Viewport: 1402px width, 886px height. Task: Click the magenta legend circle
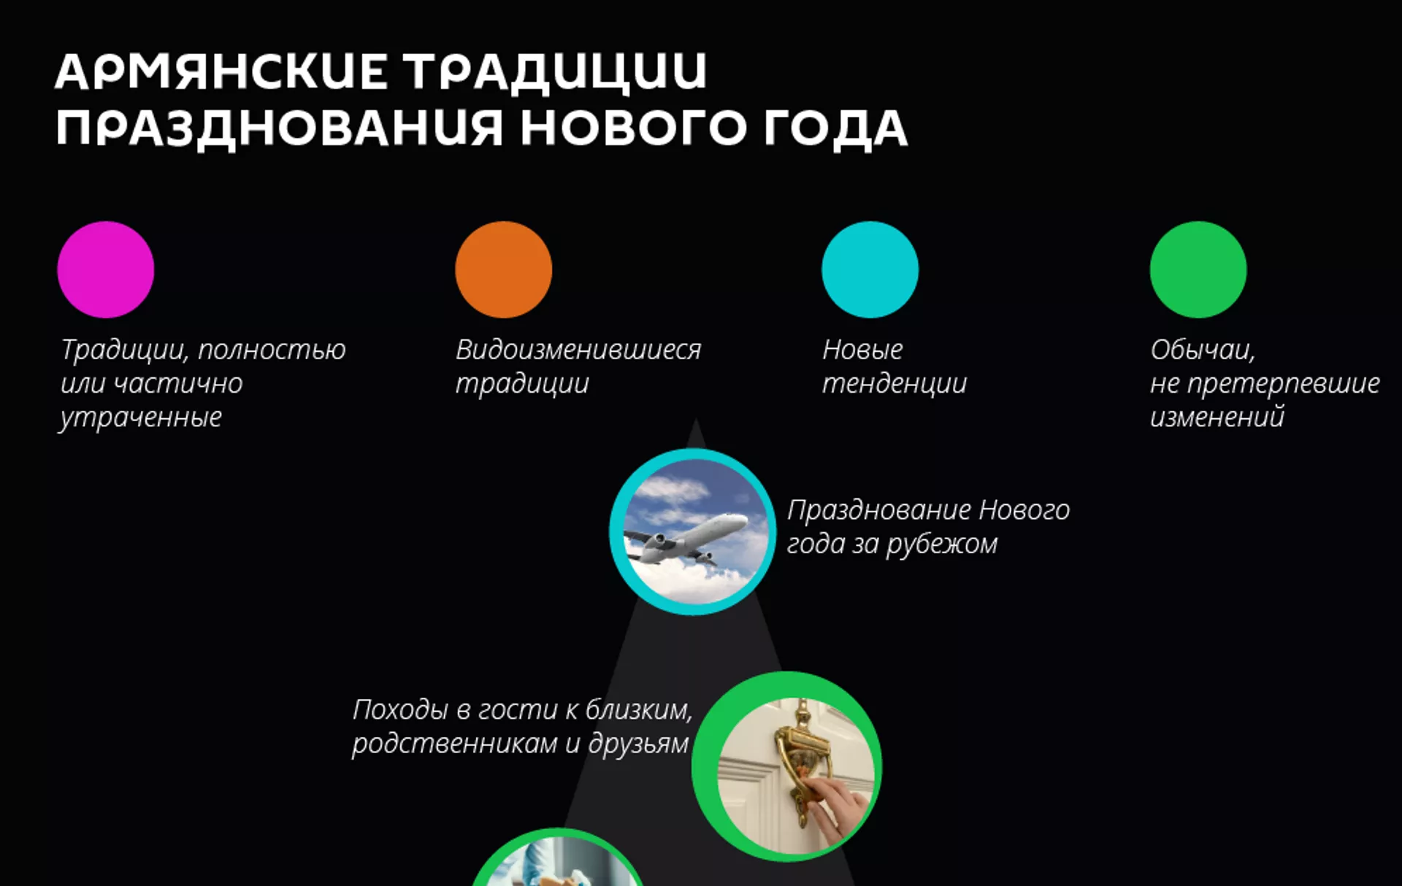point(106,269)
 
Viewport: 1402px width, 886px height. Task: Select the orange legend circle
point(503,269)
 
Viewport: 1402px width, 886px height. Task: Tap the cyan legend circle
point(870,269)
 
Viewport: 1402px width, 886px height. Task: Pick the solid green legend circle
point(1198,269)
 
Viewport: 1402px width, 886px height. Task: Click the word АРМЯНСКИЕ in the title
point(221,72)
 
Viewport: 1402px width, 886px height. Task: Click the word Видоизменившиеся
point(578,350)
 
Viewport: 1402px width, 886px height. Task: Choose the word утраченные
point(141,418)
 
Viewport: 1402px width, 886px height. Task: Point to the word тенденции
point(895,384)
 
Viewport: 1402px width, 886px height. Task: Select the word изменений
point(1217,417)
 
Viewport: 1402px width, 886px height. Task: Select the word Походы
point(400,710)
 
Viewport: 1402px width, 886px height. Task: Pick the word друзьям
point(638,744)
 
